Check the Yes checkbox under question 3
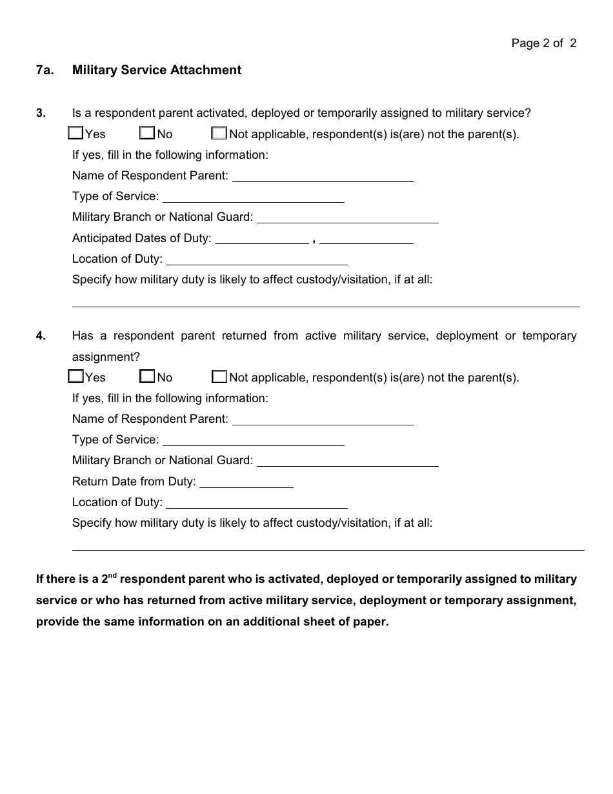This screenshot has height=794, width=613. pos(75,134)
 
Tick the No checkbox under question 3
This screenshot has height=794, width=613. pos(148,134)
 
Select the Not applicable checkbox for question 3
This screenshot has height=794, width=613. pos(219,134)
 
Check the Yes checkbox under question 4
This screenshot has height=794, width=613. pos(75,376)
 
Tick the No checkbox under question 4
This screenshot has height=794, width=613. pos(148,376)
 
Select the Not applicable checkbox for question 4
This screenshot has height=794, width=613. pos(219,376)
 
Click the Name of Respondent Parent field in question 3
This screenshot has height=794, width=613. pos(323,176)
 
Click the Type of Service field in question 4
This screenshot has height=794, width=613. pos(254,440)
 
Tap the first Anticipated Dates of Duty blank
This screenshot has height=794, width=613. pos(261,238)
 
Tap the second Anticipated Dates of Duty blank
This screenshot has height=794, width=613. pos(367,238)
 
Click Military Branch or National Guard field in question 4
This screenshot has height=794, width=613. pos(348,460)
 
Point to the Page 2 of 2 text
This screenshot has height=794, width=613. pos(544,43)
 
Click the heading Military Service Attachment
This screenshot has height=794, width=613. pos(157,70)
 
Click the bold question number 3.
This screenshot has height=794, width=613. pos(41,113)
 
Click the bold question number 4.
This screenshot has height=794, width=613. pos(41,336)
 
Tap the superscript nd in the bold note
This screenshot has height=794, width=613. pos(112,574)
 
